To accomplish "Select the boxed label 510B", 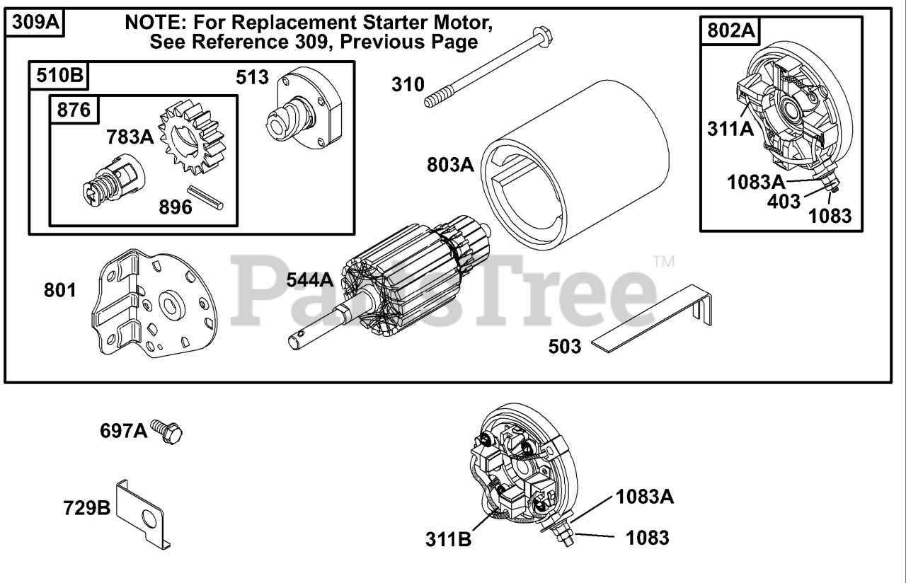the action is tap(59, 76).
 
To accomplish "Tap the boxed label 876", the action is tap(74, 110).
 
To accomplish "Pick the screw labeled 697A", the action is tap(168, 431).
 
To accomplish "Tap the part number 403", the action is tap(784, 200).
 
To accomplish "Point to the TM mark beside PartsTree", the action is tap(663, 262).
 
